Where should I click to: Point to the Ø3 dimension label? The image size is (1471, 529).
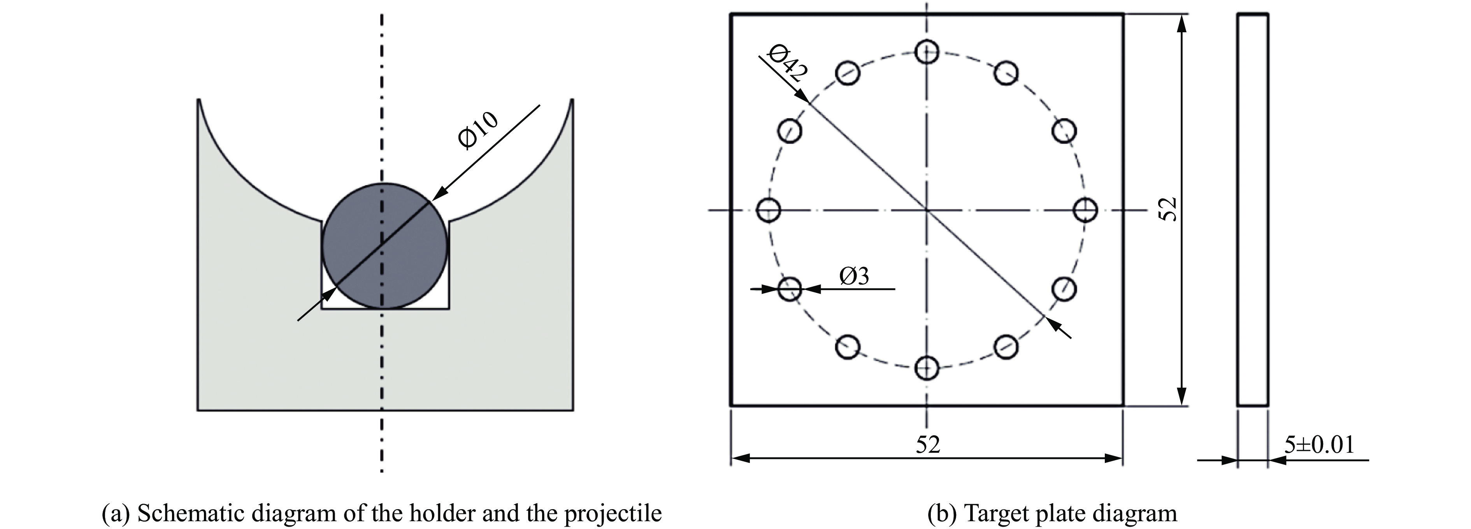854,277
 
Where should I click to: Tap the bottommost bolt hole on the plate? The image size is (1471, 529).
926,368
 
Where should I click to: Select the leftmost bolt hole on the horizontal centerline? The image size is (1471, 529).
768,210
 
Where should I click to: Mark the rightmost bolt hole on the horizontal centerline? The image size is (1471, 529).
1085,210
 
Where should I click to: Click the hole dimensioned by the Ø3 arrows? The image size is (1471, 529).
790,289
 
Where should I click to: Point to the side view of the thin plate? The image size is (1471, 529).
1253,210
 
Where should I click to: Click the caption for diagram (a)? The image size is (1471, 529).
381,513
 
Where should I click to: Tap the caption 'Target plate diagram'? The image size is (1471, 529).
1052,513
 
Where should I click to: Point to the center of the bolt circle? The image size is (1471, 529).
926,210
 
